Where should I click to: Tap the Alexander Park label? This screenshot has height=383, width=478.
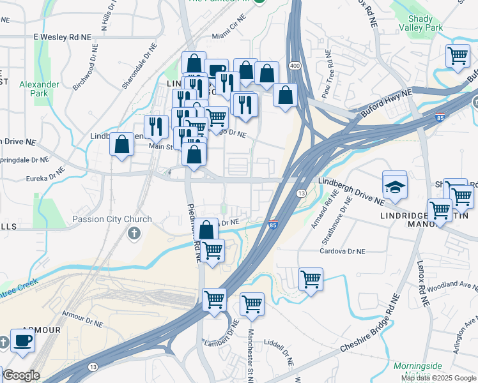coord(39,89)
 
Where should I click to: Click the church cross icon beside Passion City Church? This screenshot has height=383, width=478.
coord(134,233)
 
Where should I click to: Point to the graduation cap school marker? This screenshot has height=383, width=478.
coord(394,186)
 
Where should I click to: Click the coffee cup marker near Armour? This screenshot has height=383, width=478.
coord(23,341)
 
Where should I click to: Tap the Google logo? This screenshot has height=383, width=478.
coord(20,375)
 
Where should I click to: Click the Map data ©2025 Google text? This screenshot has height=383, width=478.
coord(439,378)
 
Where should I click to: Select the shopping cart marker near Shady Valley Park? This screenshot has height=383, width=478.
coord(458,57)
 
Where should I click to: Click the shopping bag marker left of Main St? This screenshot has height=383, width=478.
coord(121,144)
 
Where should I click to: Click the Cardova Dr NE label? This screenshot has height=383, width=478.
coord(343,252)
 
